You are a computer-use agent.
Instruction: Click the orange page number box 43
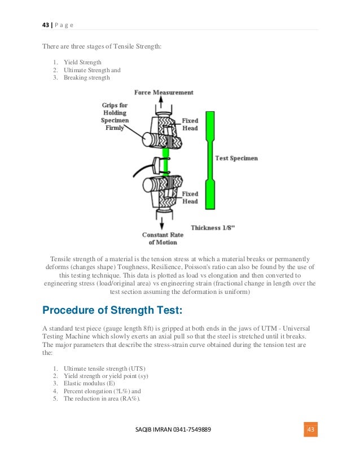tap(309, 430)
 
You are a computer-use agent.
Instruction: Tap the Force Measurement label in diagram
tap(164, 93)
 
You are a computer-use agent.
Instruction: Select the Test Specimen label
tap(236, 159)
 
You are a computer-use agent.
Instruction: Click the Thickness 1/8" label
tap(213, 227)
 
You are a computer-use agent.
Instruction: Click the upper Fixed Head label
tap(190, 124)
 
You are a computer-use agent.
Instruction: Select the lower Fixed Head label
tap(190, 197)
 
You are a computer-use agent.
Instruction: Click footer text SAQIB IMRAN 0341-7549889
tap(173, 430)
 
